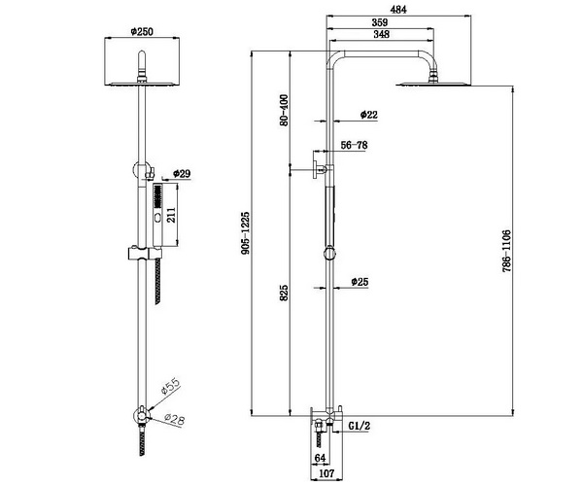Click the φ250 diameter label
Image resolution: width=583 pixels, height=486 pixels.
pos(142,32)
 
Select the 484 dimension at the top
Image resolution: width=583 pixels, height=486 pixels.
pos(398,10)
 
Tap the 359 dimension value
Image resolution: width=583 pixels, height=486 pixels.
pos(380,22)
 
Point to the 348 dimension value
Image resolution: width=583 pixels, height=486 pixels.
pos(381,34)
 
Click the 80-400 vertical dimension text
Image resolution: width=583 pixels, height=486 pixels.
pos(284,111)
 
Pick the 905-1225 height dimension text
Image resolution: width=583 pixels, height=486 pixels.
pos(246,233)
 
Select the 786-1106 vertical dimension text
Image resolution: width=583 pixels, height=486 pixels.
pos(507,252)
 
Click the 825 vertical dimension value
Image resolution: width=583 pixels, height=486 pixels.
pos(284,293)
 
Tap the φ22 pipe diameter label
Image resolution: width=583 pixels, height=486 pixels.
pos(368,115)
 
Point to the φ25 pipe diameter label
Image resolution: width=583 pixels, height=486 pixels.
pos(360,282)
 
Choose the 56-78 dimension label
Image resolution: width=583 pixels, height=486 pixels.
pos(354,145)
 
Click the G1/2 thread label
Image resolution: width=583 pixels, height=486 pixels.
pos(360,426)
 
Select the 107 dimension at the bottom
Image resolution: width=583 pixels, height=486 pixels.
pos(326,473)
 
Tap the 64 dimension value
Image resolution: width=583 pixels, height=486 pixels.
pos(320,458)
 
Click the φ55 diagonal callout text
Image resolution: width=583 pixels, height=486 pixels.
pos(170,386)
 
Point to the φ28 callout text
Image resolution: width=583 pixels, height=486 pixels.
pos(174,419)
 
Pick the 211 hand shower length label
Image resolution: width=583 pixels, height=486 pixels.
pos(171,215)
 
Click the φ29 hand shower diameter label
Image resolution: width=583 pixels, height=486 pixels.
pos(182,173)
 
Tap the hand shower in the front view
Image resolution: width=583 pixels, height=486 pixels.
pos(158,215)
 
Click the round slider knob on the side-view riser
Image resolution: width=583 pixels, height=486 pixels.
pos(329,254)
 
